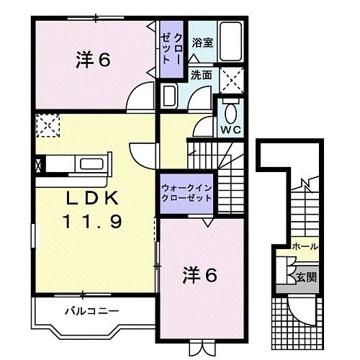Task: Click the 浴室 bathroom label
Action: pyautogui.click(x=202, y=42)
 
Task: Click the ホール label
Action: pyautogui.click(x=305, y=247)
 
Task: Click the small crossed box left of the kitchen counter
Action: pyautogui.click(x=37, y=163)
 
